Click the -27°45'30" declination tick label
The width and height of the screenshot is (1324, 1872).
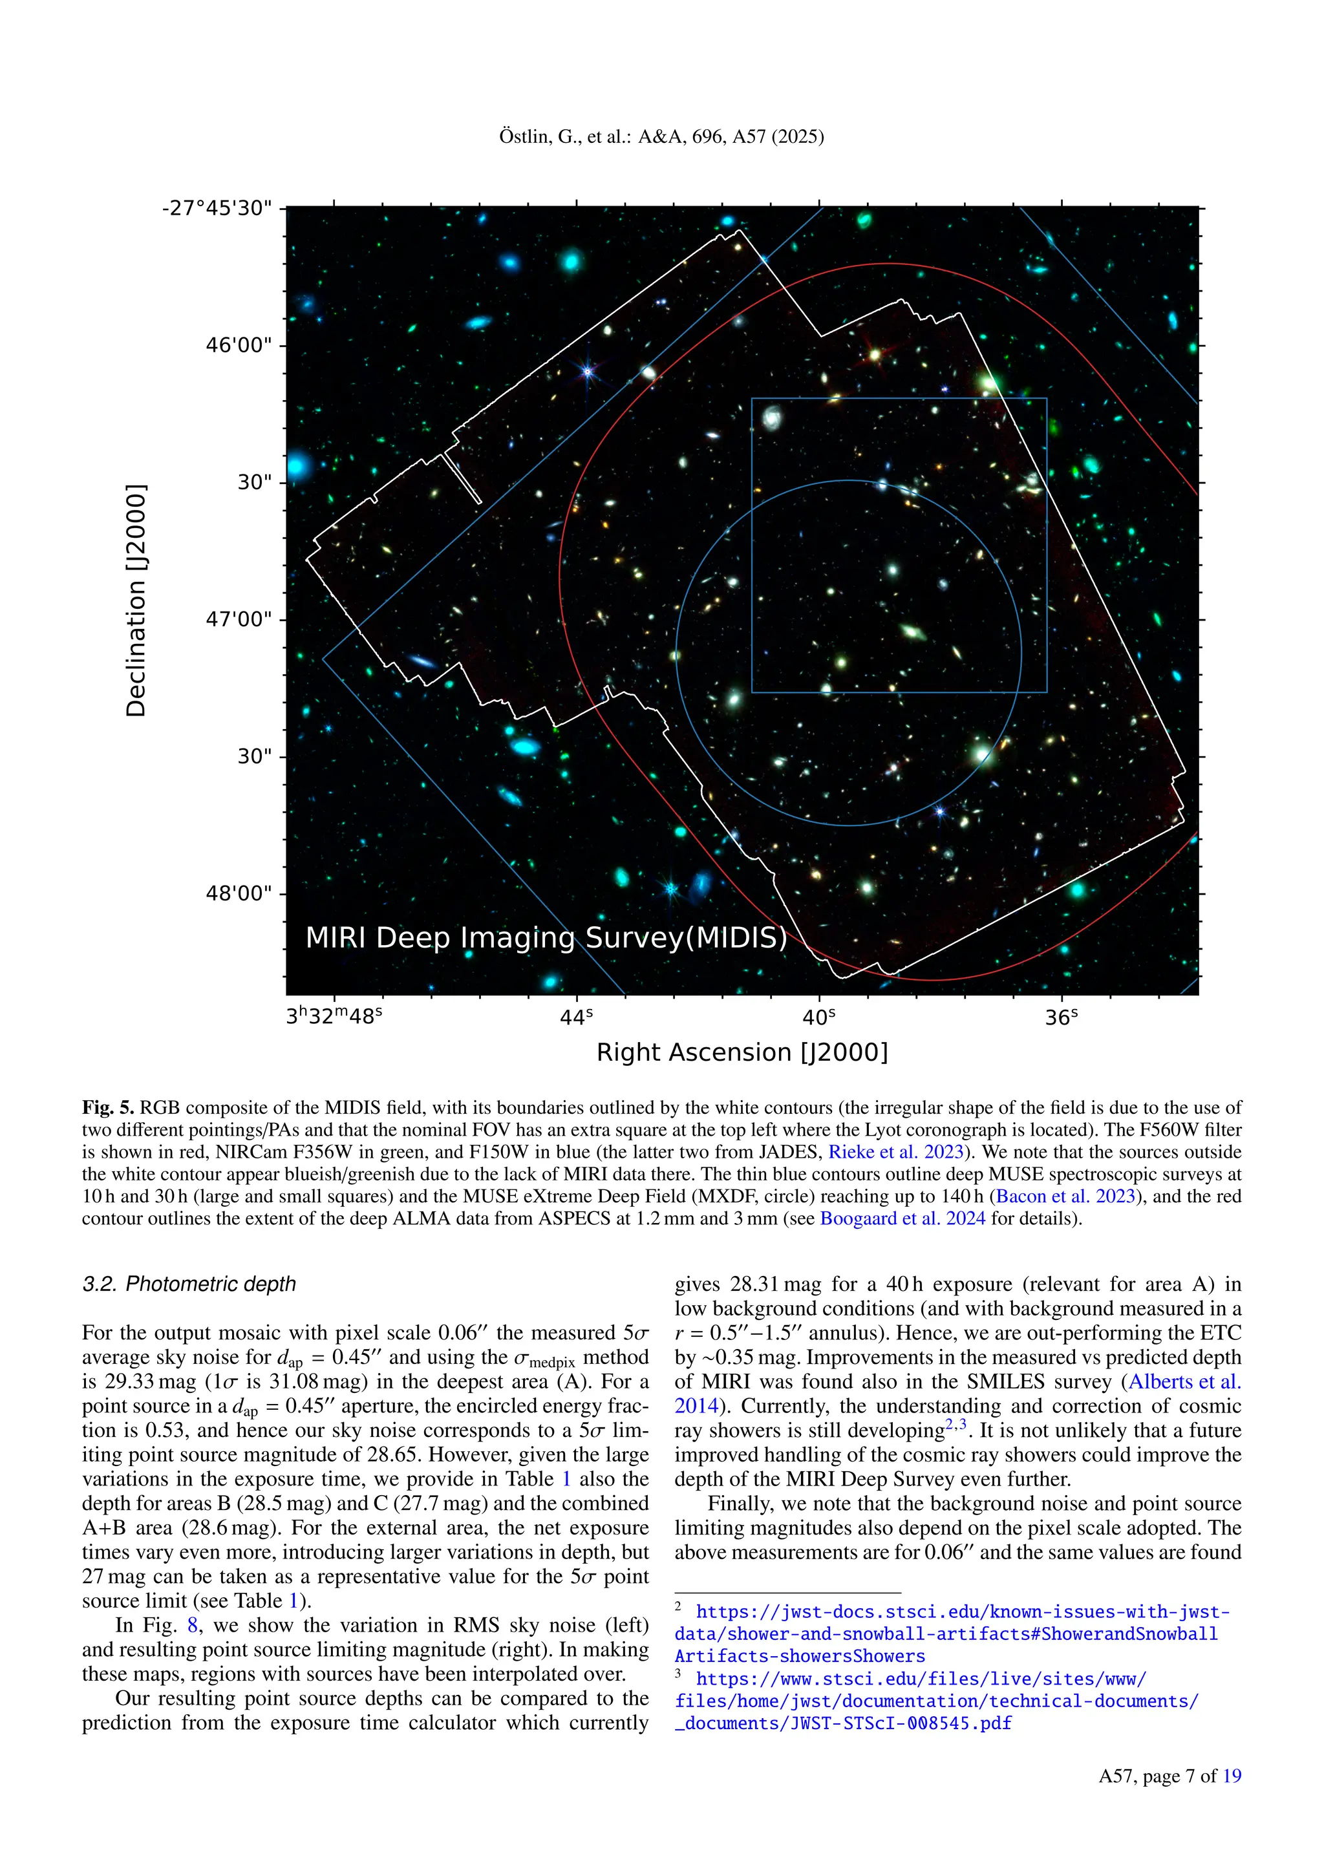click(216, 209)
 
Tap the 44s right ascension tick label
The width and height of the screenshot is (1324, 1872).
click(577, 1017)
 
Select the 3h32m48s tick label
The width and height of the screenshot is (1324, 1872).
click(334, 1017)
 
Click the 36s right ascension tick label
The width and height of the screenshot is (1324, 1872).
click(1062, 1017)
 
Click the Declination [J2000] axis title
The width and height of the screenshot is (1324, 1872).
click(136, 601)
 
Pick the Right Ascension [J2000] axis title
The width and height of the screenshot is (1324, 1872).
click(742, 1052)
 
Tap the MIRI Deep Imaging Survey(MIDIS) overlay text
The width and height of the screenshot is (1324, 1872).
click(546, 939)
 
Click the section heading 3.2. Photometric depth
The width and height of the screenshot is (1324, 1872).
click(189, 1284)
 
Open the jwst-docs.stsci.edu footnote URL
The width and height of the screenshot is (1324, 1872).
click(962, 1612)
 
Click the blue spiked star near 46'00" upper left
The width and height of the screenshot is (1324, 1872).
click(588, 372)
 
